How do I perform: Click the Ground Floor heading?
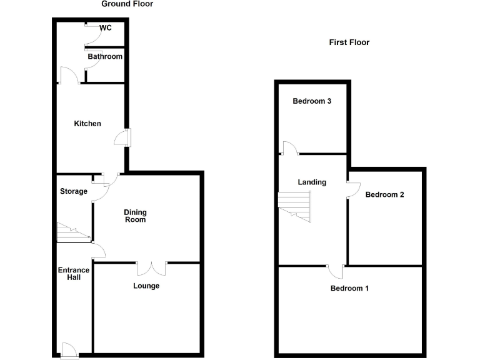pos(127,4)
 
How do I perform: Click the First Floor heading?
pos(349,42)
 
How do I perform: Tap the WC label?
pos(105,27)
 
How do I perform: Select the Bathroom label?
pos(105,56)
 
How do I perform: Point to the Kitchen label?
pos(87,124)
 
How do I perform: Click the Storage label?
pos(74,191)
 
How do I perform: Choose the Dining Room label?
pos(135,216)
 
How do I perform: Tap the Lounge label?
pos(146,286)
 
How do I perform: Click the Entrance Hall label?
pos(74,274)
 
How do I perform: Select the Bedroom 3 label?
pos(312,101)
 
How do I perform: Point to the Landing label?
pos(312,182)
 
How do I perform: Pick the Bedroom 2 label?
pos(385,194)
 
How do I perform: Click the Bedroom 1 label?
pos(350,288)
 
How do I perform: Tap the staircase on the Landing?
pos(295,205)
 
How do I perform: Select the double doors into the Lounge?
pos(152,268)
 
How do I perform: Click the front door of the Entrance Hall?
pos(69,351)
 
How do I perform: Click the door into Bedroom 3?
pos(289,148)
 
